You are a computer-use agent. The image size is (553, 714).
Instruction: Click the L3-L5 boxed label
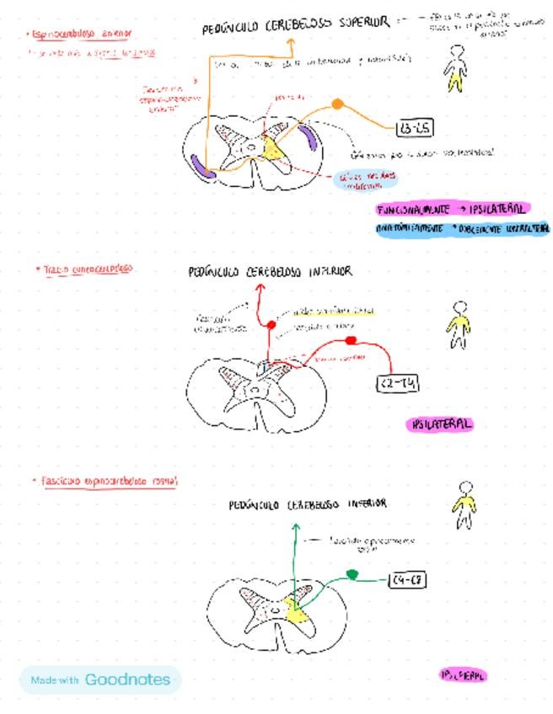click(x=414, y=128)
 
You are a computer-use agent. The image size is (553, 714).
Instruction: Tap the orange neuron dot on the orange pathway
click(x=337, y=104)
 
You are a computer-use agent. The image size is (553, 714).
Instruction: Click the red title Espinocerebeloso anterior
click(x=81, y=35)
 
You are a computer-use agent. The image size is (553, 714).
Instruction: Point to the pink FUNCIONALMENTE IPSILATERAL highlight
click(x=453, y=209)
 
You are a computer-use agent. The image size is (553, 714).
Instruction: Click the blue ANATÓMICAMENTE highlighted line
click(x=463, y=228)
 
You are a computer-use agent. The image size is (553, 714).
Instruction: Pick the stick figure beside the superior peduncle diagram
click(x=455, y=69)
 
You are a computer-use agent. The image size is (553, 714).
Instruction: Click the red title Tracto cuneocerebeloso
click(x=84, y=269)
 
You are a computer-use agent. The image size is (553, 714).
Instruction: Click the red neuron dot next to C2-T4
click(x=352, y=340)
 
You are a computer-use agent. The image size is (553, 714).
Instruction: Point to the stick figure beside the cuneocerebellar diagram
click(x=459, y=324)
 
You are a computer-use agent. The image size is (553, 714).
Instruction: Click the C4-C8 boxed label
click(x=407, y=580)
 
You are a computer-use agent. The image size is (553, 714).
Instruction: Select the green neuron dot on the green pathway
click(x=352, y=574)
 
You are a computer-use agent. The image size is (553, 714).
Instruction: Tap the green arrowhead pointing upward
click(x=296, y=527)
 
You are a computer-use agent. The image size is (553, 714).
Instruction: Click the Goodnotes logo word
click(x=127, y=679)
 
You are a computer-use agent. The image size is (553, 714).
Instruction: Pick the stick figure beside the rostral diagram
click(x=464, y=505)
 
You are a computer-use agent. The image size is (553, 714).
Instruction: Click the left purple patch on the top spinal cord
click(x=203, y=166)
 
